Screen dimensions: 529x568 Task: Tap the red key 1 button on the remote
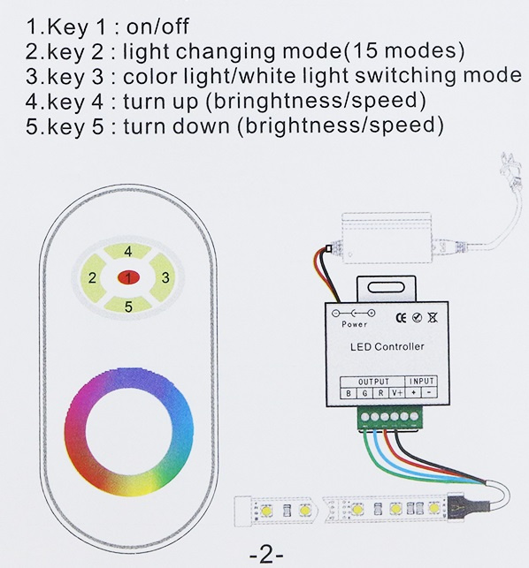click(128, 278)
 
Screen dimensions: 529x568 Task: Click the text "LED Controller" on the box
click(387, 346)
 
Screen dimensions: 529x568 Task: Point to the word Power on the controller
click(354, 324)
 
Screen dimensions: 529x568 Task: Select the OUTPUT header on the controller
click(373, 382)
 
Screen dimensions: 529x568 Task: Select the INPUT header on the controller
click(421, 381)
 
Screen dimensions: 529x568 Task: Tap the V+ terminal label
click(397, 393)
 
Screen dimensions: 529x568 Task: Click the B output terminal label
click(349, 393)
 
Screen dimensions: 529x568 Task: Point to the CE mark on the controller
click(401, 318)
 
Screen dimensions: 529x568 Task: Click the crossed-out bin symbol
click(433, 317)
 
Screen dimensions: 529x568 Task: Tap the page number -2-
click(266, 555)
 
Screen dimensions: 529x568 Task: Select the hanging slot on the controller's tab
click(386, 288)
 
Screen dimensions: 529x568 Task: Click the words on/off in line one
click(157, 27)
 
